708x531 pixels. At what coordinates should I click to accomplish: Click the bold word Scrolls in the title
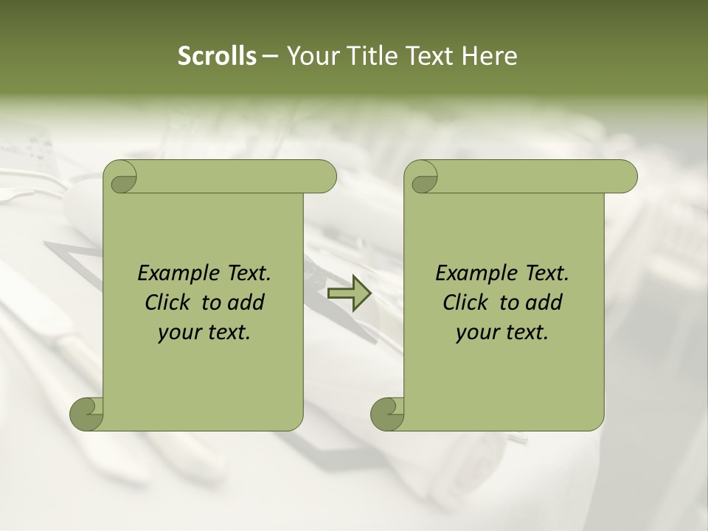(x=217, y=56)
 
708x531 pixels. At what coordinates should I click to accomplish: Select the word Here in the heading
(x=490, y=56)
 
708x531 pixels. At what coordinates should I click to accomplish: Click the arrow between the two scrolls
(x=350, y=294)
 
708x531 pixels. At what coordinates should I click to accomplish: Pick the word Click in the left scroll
(x=167, y=302)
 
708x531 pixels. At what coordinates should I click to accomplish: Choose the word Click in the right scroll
(x=465, y=302)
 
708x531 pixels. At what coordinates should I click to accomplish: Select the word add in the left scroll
(x=246, y=302)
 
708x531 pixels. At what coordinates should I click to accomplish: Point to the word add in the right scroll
(x=544, y=302)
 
